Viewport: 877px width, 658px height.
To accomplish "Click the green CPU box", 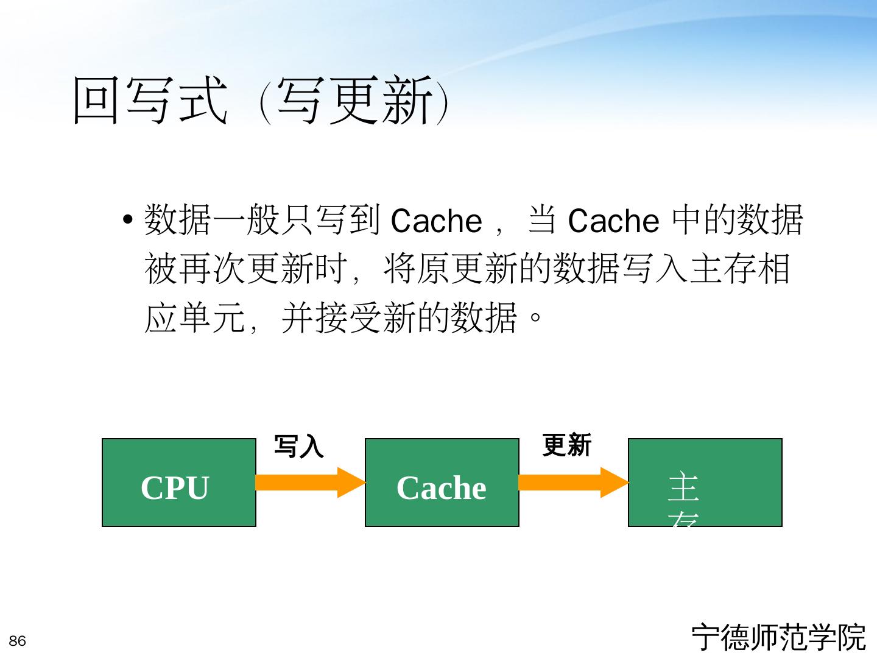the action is click(178, 482).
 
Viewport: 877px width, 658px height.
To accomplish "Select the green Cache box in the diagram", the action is click(442, 482).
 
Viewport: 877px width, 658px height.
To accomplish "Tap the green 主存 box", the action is click(705, 482).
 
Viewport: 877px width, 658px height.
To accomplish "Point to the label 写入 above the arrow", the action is click(298, 446).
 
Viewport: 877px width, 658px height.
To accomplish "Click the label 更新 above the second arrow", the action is click(566, 445).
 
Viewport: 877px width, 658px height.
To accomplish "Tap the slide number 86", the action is click(18, 641).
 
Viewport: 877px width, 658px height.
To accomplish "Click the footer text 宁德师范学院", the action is click(778, 637).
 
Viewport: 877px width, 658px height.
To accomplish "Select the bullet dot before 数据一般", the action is click(127, 219).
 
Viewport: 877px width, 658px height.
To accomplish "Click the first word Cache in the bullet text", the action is click(436, 221).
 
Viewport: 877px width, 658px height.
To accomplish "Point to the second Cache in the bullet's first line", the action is click(613, 221).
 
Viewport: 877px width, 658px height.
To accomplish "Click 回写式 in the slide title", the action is click(150, 101).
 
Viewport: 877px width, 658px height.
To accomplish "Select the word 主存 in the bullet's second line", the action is click(722, 269).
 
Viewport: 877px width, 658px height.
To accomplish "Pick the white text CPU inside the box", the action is click(175, 488).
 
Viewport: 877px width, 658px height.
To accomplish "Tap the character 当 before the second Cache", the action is click(541, 220).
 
